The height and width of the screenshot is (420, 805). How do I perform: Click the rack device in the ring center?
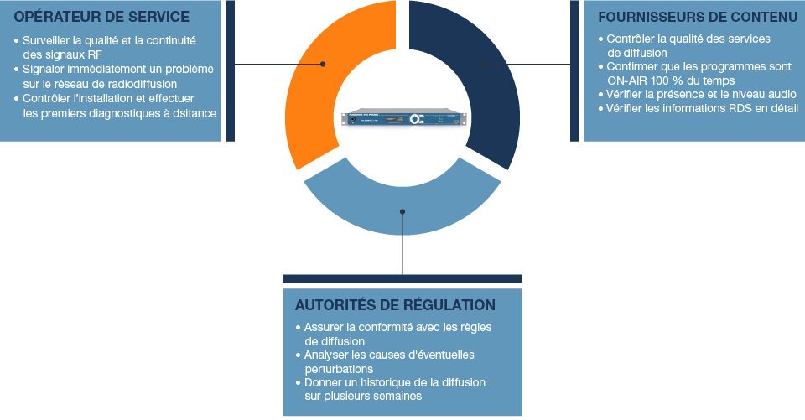pos(402,122)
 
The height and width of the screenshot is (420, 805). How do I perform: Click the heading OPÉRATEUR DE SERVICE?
pos(101,17)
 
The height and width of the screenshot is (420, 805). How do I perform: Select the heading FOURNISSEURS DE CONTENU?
pos(698,17)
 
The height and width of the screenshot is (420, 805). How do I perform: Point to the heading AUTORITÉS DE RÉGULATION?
pos(395,305)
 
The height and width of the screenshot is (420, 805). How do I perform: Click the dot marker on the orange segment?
pos(323,64)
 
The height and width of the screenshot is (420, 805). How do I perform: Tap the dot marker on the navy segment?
pos(482,64)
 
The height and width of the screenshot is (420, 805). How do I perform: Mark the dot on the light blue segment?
pos(402,211)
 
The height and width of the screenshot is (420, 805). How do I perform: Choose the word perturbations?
pos(339,369)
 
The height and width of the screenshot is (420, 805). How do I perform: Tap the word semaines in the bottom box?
pos(397,397)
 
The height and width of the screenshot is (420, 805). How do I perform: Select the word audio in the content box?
pos(782,95)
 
